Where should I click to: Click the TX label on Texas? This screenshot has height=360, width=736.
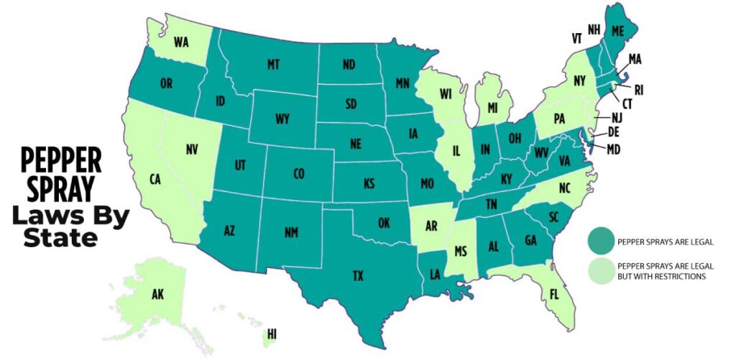(339, 276)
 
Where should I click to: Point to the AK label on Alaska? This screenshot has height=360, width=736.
(157, 295)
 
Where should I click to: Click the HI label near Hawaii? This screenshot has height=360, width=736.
(271, 335)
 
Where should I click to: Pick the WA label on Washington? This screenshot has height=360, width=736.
(181, 42)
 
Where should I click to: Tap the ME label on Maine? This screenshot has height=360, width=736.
(616, 31)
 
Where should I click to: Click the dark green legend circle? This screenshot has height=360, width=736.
(601, 241)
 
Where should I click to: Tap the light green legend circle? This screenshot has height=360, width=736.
(601, 270)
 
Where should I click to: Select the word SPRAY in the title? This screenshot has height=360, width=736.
(60, 188)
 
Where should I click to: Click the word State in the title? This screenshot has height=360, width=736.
(60, 237)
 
